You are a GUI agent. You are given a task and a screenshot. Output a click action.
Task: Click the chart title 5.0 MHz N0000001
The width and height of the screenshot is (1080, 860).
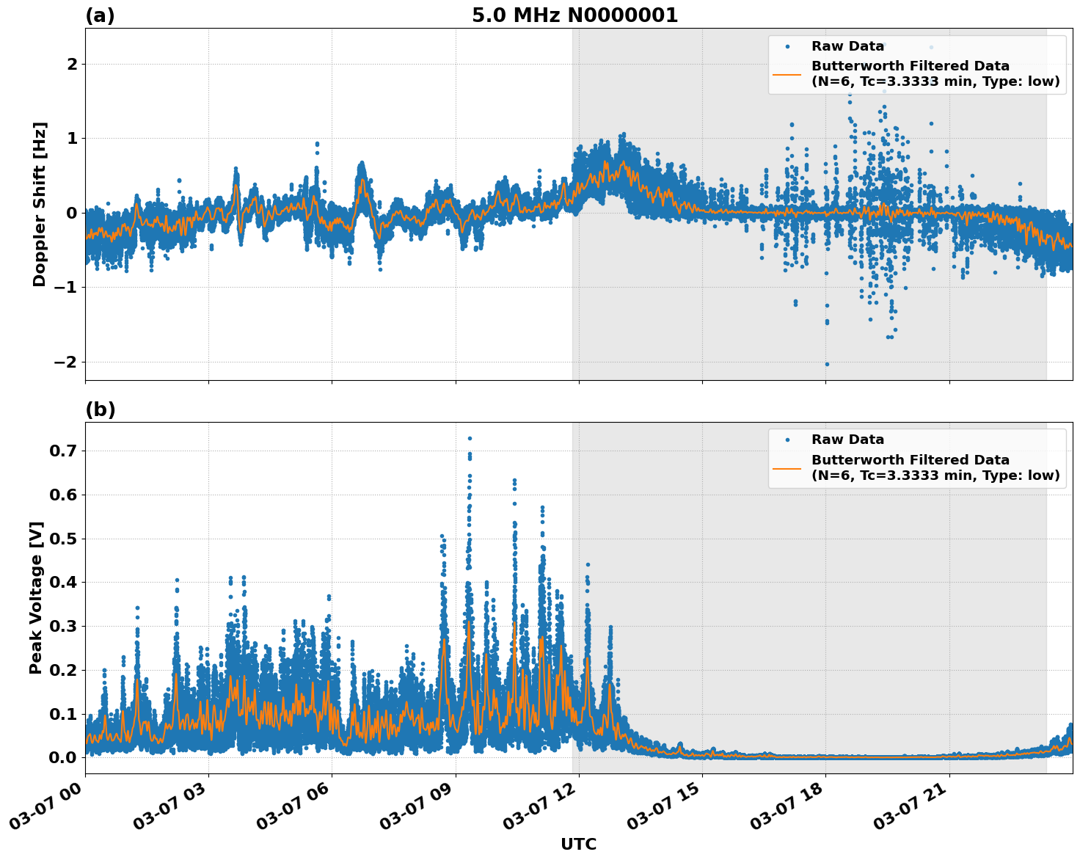[574, 15]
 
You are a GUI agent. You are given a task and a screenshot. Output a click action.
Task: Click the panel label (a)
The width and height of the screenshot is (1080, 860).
[100, 15]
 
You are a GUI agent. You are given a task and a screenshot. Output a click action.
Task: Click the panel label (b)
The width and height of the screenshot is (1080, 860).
[101, 409]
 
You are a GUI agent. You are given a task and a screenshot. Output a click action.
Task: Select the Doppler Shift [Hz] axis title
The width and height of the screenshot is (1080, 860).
[40, 204]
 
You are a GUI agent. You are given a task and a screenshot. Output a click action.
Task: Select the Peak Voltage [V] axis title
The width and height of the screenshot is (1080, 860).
[36, 597]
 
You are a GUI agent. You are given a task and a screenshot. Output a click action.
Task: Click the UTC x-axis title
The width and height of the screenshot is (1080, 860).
[578, 844]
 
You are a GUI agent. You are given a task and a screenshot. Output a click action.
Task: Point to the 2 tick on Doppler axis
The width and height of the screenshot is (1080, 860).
[72, 65]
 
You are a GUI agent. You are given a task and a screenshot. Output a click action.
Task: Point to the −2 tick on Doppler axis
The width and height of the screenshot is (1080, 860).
[65, 362]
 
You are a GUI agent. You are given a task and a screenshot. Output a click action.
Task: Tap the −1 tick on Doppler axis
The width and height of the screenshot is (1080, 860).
[65, 288]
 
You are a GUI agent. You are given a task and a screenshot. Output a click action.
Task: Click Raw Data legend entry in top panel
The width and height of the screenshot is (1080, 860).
[847, 46]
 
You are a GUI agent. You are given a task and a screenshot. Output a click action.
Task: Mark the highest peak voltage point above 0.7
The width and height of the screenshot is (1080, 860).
[470, 438]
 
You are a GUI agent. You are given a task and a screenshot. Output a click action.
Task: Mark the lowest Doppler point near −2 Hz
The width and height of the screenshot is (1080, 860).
[827, 364]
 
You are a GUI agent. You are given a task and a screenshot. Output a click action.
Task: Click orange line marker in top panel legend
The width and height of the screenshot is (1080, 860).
[787, 74]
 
